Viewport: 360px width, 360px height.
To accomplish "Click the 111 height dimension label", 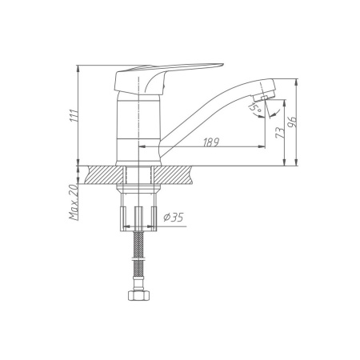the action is (x=74, y=115).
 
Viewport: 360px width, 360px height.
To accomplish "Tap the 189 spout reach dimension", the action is (x=211, y=142).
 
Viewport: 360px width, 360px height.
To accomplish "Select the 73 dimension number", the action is (x=280, y=133).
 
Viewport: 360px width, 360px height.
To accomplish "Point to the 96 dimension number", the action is (x=292, y=122).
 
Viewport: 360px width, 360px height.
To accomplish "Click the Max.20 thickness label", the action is (x=74, y=202).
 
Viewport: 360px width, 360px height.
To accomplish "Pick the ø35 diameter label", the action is (x=174, y=218).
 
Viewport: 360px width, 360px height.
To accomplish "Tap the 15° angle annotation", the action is (x=254, y=107).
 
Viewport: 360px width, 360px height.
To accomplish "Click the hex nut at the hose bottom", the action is (x=139, y=295).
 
